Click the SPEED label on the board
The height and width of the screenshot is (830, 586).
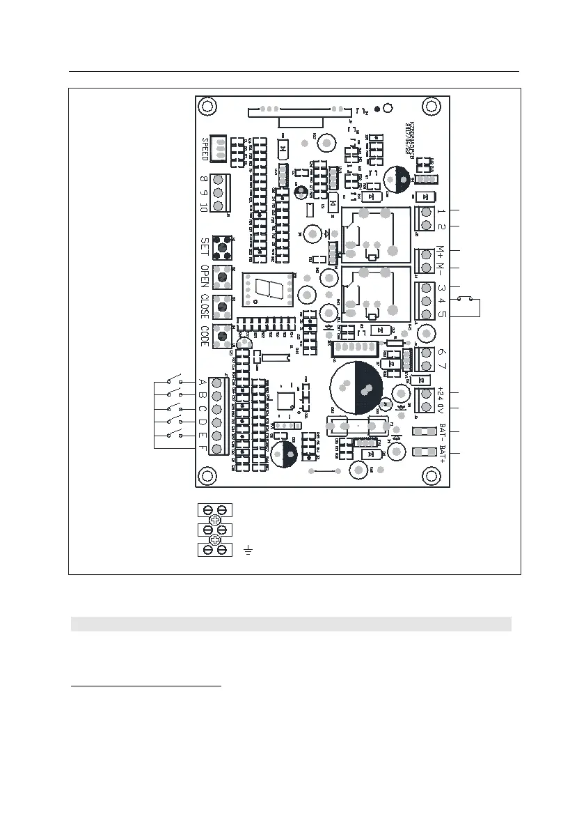tap(205, 149)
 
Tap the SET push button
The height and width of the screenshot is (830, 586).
tap(221, 246)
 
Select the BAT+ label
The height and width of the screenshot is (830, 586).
tap(442, 453)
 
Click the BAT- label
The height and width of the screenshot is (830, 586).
tap(442, 431)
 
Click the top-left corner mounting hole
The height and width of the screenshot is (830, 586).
tap(206, 107)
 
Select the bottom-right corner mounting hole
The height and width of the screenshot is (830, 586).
tap(431, 475)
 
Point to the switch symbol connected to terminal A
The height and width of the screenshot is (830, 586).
tap(174, 381)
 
